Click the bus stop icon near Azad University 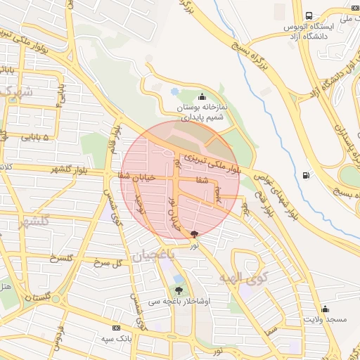309,16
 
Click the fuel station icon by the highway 305,175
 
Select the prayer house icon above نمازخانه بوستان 202,97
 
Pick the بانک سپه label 116,339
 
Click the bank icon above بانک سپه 116,328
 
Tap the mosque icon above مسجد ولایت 325,309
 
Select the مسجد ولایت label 325,320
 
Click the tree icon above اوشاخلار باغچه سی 179,290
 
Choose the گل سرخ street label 108,262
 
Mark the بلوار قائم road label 111,139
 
